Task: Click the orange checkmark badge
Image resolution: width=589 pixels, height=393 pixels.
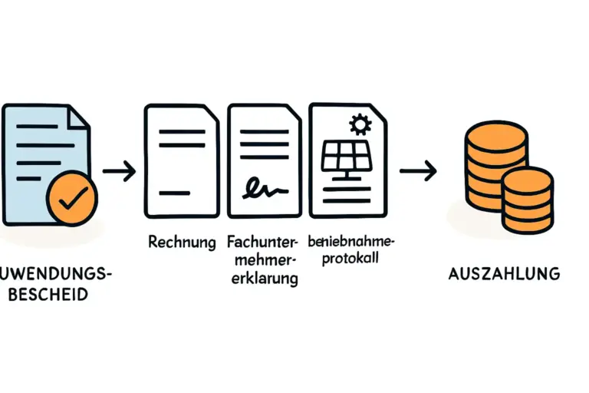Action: tap(71, 198)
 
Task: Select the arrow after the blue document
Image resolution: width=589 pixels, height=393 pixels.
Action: tap(119, 170)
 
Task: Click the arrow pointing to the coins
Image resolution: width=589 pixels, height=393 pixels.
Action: tap(419, 170)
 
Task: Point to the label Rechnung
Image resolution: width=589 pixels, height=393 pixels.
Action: tap(181, 243)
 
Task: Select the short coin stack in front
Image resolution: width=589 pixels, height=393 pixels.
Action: tap(527, 200)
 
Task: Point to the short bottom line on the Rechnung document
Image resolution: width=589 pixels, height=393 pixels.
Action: tap(174, 192)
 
